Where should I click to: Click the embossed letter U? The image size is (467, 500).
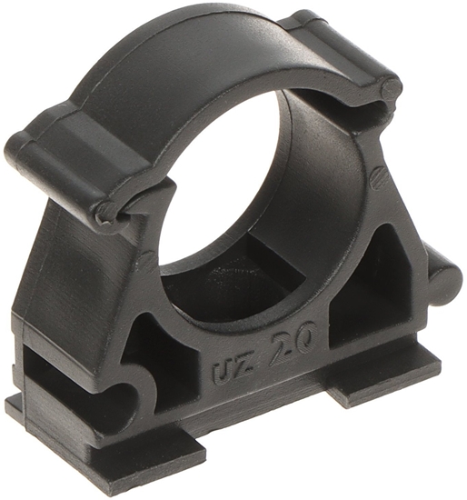point(221,373)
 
